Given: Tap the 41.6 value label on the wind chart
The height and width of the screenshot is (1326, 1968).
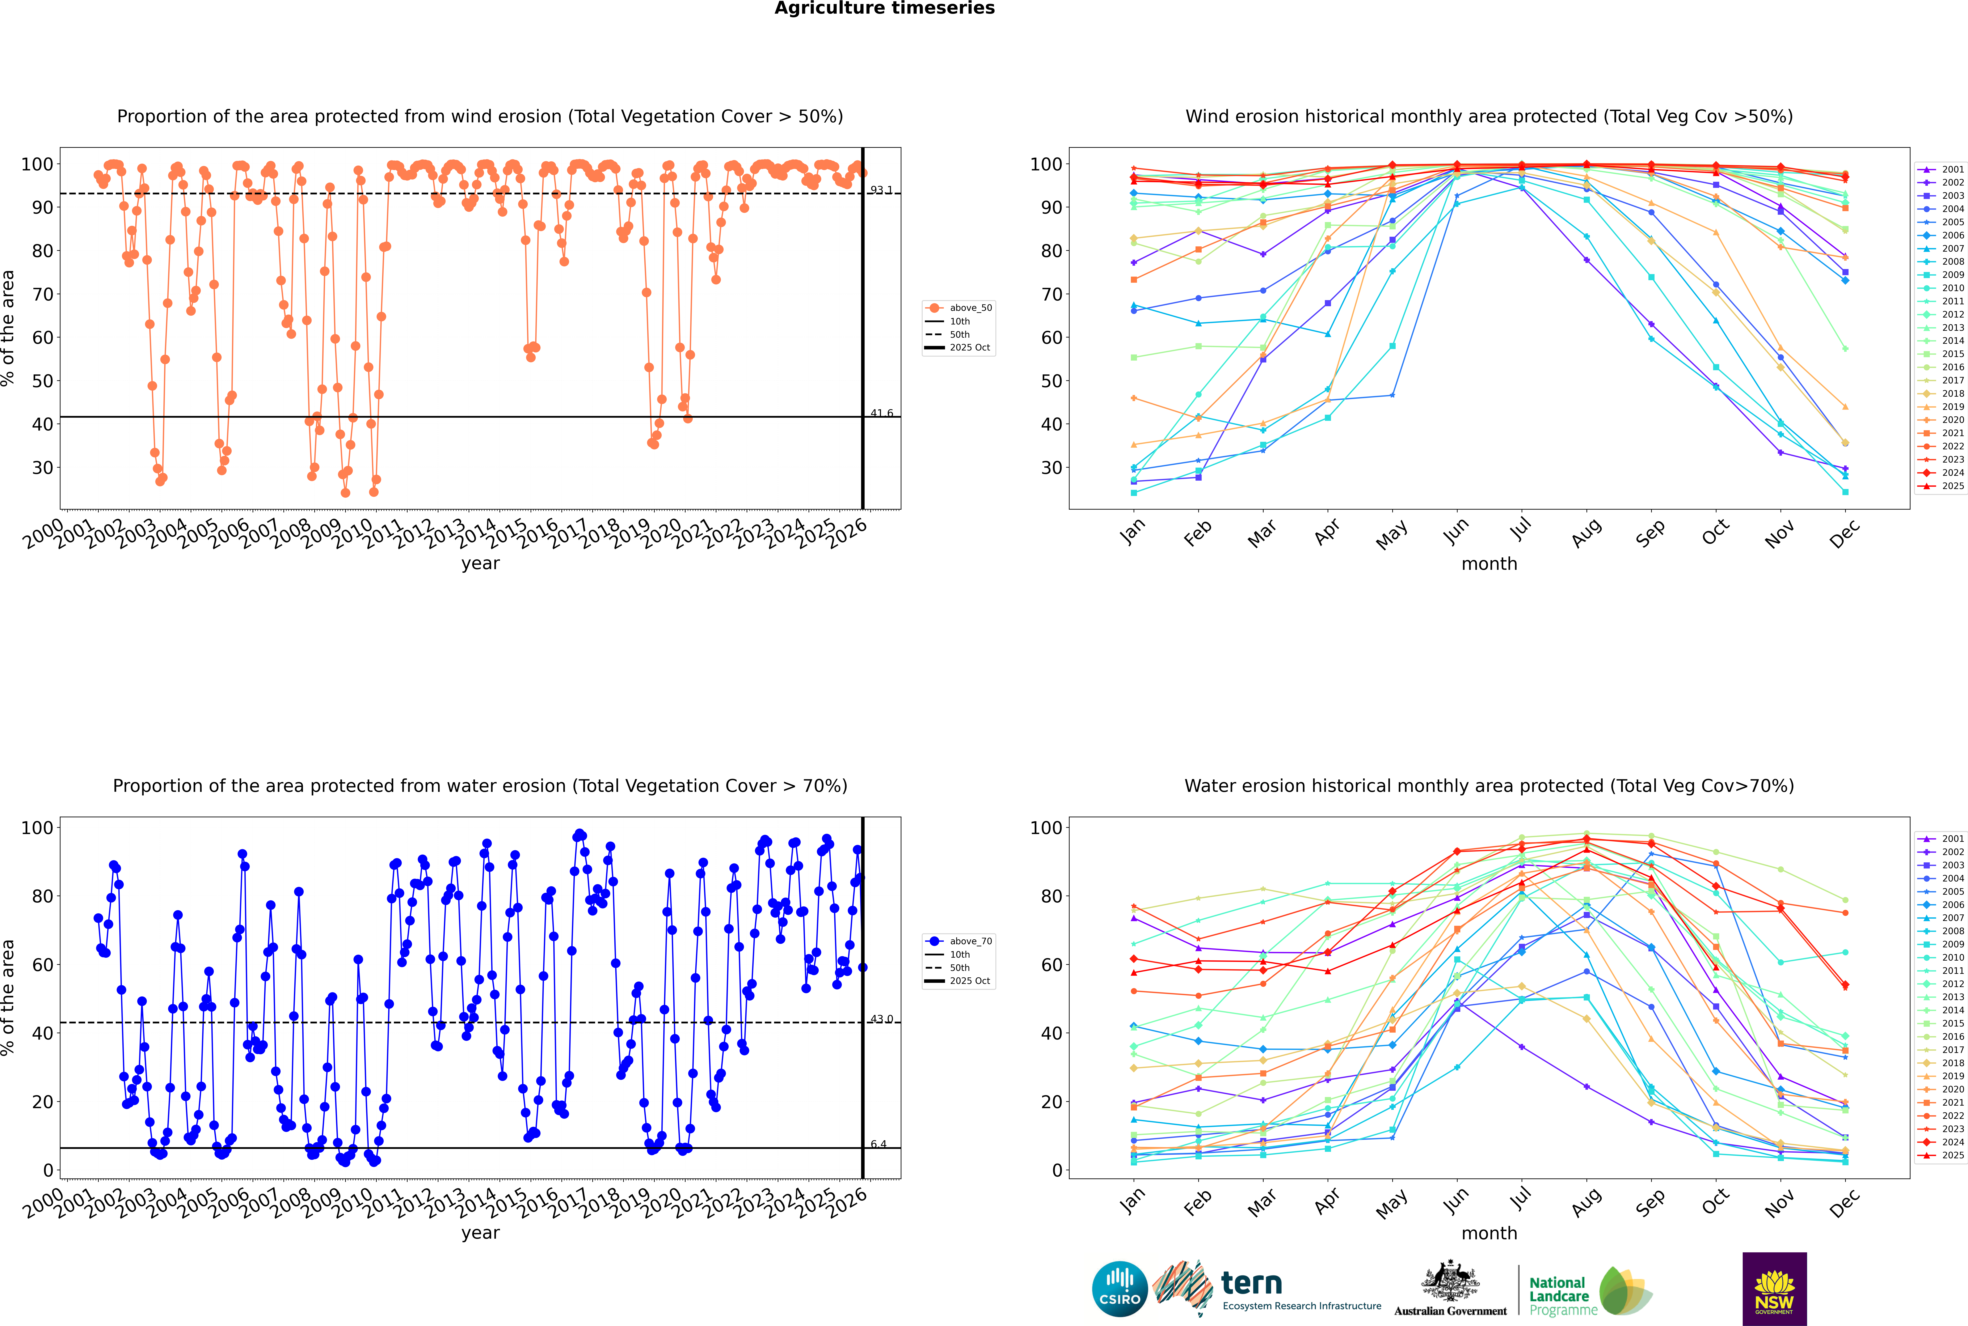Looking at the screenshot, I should click(882, 413).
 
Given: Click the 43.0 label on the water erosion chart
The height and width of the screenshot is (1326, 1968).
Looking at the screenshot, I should click(882, 1019).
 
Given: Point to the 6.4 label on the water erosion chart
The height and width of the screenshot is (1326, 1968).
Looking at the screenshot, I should click(879, 1144).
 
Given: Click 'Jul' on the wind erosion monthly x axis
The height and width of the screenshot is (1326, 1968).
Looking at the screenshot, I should click(1520, 530).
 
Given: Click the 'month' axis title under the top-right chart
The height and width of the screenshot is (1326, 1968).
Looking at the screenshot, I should click(1489, 564).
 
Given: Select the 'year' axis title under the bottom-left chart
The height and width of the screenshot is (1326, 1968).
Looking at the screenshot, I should click(481, 1233).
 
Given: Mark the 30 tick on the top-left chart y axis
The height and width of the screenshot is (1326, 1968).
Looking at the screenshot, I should click(42, 468).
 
